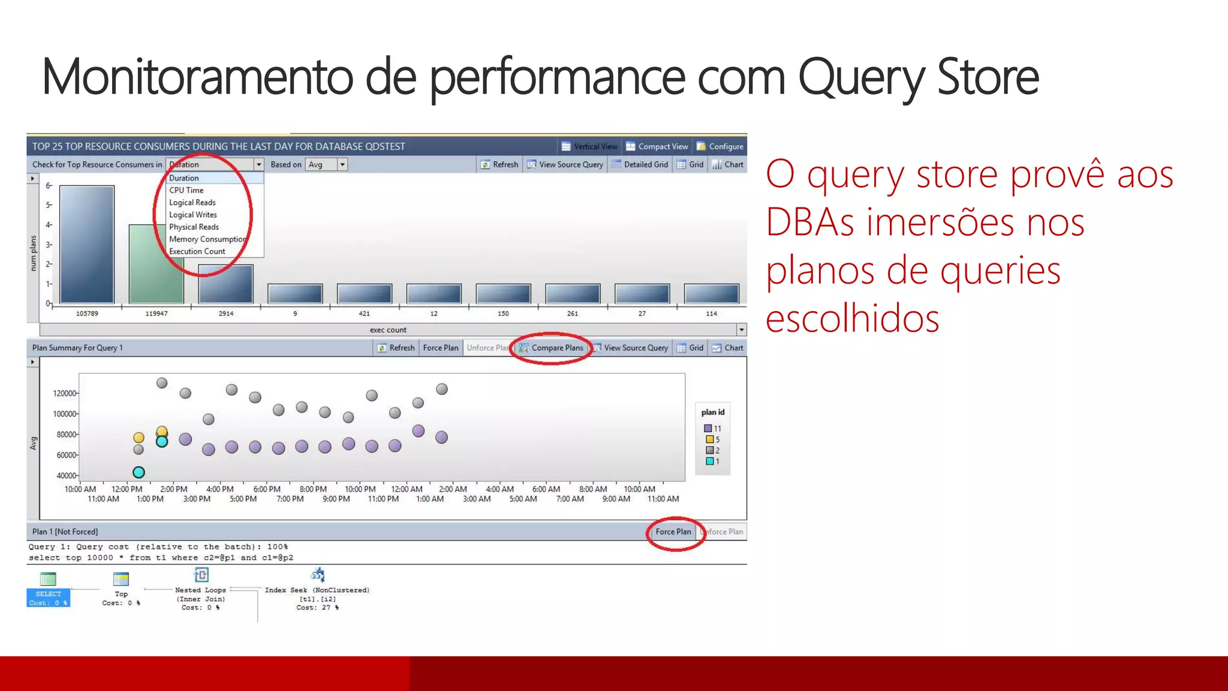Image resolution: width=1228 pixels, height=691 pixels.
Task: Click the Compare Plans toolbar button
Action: point(556,348)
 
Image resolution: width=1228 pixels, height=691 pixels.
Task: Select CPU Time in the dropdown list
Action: point(186,190)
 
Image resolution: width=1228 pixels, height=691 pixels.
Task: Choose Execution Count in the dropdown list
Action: point(197,251)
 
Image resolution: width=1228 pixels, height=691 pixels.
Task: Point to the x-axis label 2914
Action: point(226,314)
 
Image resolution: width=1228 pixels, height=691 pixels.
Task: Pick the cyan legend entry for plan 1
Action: point(712,461)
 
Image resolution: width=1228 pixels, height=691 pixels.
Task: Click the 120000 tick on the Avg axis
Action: point(65,393)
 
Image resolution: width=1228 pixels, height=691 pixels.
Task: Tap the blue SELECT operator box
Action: point(49,597)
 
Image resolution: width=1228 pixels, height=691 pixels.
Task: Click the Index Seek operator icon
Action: point(318,575)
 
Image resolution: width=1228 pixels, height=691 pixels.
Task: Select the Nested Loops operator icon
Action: point(201,575)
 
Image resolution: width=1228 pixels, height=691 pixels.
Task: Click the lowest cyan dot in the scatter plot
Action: point(139,473)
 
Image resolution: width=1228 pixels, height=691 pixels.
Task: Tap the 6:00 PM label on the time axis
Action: point(267,489)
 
